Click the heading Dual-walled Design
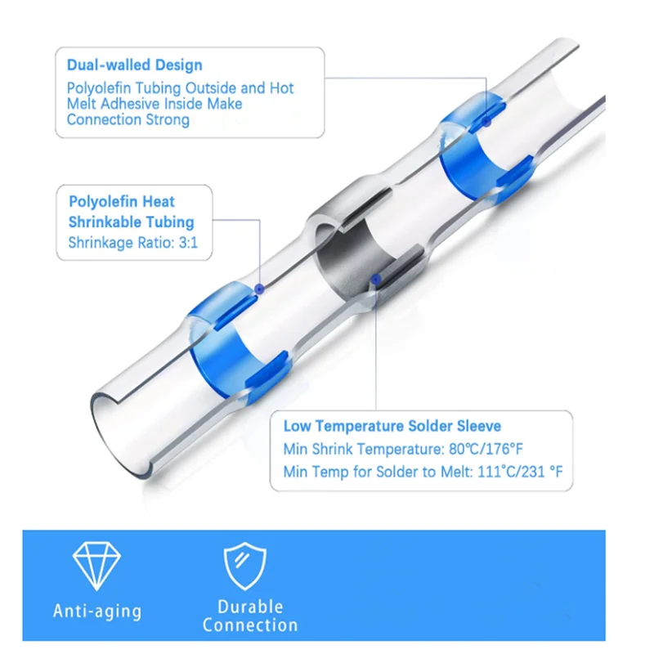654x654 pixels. (134, 65)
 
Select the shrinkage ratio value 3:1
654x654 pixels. (188, 242)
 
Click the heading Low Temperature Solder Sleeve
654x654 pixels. (392, 426)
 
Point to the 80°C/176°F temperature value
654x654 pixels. (486, 449)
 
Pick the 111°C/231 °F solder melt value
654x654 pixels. (520, 472)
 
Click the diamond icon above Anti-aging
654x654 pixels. (96, 566)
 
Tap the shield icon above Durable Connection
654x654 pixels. (244, 566)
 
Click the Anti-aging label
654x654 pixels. (97, 611)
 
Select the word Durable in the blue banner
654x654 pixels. (250, 607)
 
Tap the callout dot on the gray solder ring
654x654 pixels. (376, 279)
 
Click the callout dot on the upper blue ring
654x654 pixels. (486, 122)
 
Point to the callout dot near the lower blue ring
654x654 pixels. (259, 289)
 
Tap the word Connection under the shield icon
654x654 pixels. (250, 625)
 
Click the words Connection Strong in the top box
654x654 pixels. (128, 119)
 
